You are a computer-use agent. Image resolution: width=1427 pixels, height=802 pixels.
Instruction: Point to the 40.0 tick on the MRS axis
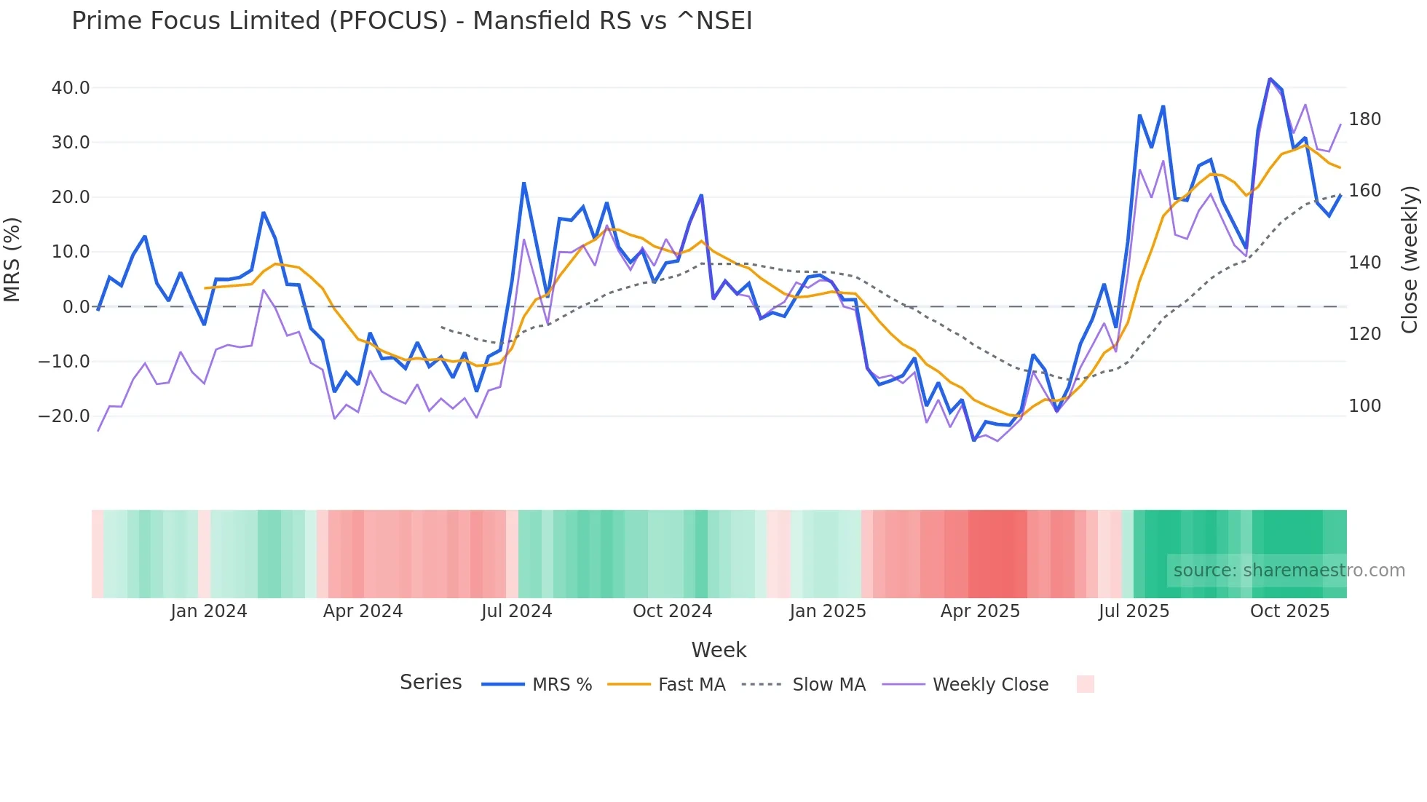(x=71, y=88)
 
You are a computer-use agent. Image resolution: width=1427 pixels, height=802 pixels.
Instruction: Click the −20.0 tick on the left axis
(x=64, y=416)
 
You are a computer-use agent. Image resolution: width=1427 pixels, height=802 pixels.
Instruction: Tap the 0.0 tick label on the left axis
(x=76, y=307)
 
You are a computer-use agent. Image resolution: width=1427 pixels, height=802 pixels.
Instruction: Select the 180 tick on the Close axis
(x=1364, y=119)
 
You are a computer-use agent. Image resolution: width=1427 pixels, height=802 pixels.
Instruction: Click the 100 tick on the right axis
(x=1364, y=406)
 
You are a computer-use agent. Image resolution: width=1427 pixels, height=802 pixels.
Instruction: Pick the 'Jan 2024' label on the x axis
(x=209, y=611)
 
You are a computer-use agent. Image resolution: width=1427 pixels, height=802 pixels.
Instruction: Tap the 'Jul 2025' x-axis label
(x=1134, y=611)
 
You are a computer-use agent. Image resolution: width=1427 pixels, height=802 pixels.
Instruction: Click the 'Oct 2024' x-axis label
(x=672, y=611)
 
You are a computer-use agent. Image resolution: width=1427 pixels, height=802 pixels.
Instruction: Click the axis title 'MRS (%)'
(x=12, y=260)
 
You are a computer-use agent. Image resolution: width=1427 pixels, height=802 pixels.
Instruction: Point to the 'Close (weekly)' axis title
(x=1410, y=260)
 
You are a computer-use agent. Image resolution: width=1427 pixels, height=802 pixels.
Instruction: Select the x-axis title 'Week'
(x=719, y=650)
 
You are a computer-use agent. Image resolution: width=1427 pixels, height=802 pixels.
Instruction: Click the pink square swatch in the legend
(x=1085, y=684)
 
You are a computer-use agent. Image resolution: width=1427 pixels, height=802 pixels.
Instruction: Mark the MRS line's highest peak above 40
(x=1270, y=79)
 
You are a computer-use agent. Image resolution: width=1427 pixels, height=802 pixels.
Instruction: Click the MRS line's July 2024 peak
(x=523, y=183)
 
